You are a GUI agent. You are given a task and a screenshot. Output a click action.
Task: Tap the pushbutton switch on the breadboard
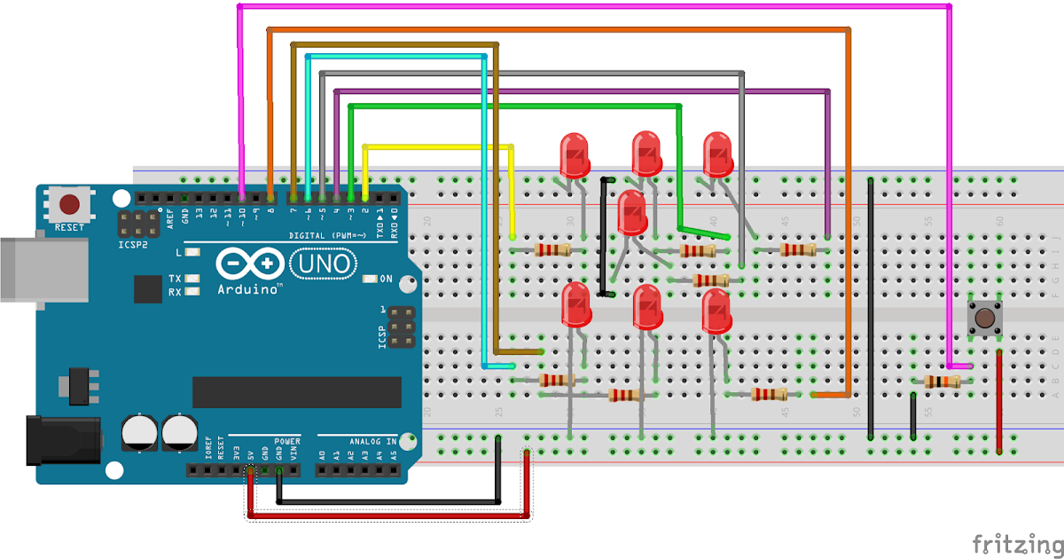pos(982,317)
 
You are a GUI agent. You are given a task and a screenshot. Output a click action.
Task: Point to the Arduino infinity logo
pos(249,264)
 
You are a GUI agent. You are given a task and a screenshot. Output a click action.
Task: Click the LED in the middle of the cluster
pos(631,213)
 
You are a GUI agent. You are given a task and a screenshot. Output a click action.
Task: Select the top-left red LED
pos(575,155)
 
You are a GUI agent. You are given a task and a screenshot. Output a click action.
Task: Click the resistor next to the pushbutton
pos(942,382)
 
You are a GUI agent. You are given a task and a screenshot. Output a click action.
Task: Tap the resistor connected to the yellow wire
pos(553,250)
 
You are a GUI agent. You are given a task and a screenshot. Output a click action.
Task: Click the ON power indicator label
pos(386,279)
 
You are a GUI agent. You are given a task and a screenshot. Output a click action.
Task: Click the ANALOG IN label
pos(372,441)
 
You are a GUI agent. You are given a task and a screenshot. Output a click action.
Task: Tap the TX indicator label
pos(175,279)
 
